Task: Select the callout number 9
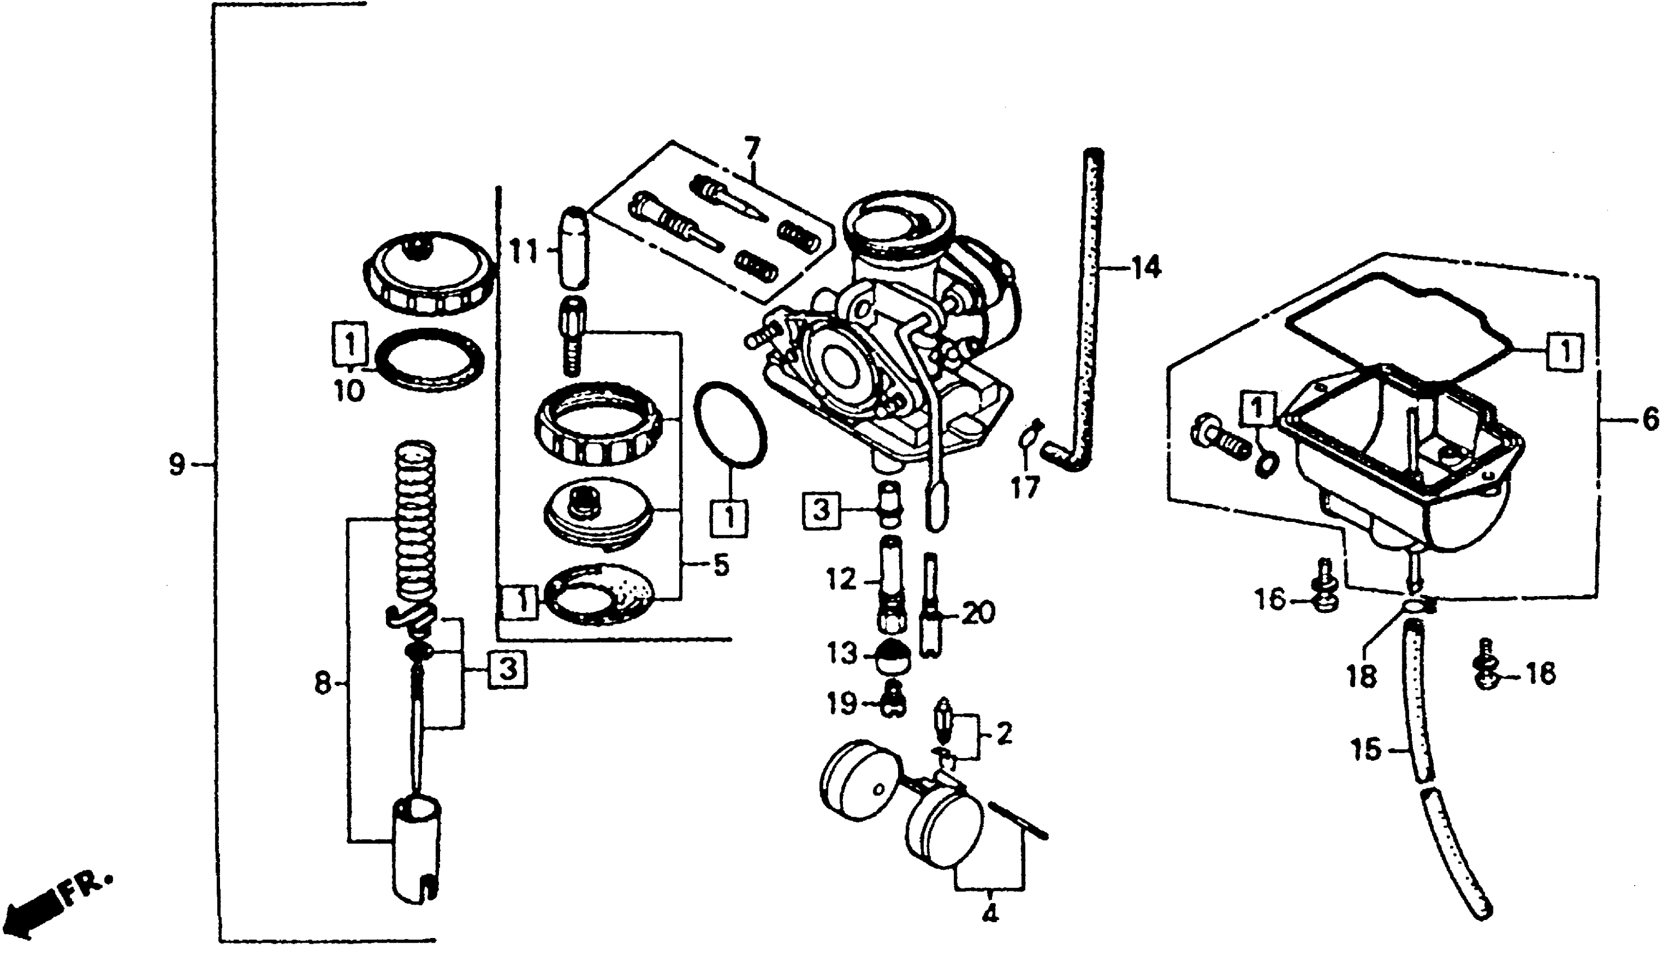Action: (176, 466)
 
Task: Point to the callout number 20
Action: (979, 614)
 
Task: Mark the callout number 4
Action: (990, 913)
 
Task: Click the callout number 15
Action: (1367, 750)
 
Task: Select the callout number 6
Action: (1650, 420)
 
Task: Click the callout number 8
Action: (322, 684)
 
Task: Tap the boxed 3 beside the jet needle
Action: (507, 670)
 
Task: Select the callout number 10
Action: (349, 391)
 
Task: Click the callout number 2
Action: (1004, 734)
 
